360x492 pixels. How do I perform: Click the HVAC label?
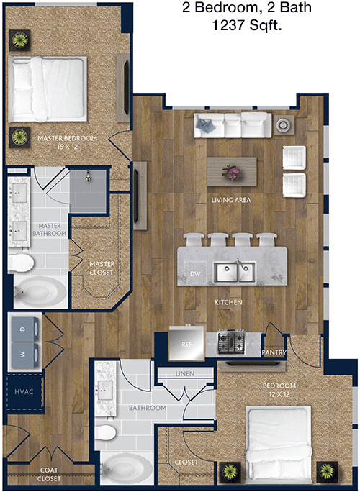coord(24,391)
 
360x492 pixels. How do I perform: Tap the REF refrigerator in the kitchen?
coord(186,343)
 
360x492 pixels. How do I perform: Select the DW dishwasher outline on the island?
coord(195,273)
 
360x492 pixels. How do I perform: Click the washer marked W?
coord(25,355)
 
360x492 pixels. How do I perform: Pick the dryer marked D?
coord(25,329)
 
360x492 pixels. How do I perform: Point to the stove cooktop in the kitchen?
coord(232,342)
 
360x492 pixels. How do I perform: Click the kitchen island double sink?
coord(235,272)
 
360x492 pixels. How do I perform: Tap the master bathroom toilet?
coord(21,263)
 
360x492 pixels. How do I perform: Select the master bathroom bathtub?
coord(40,291)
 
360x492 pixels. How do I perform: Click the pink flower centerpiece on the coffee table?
coord(232,172)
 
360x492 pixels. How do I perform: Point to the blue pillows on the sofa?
coord(206,125)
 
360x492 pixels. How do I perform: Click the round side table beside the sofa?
coord(284,125)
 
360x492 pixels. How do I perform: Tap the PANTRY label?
coord(274,352)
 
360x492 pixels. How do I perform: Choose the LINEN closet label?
coord(185,373)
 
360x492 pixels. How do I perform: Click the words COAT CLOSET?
coord(49,474)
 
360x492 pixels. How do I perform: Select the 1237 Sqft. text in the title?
coord(246,25)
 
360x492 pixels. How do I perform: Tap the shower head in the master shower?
coord(89,176)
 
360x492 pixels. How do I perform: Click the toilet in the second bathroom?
coord(106,432)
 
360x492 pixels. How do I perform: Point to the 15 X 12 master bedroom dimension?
coord(68,147)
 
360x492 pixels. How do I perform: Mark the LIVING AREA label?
coord(231,200)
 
